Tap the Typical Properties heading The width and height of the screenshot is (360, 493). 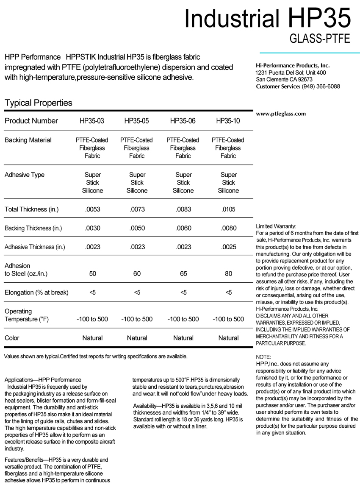pyautogui.click(x=38, y=103)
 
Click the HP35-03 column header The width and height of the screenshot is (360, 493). pyautogui.click(x=92, y=121)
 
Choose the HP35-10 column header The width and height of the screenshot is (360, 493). pyautogui.click(x=228, y=121)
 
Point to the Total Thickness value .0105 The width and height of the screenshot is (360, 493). pyautogui.click(x=228, y=209)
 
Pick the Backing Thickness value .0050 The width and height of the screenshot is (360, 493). pyautogui.click(x=137, y=228)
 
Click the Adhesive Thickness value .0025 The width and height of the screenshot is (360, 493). pyautogui.click(x=228, y=247)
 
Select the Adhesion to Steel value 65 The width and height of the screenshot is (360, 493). pyautogui.click(x=183, y=274)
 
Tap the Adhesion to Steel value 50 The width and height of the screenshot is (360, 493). pyautogui.click(x=92, y=274)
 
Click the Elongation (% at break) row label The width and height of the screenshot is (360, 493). pyautogui.click(x=36, y=292)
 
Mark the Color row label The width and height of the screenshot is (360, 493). pyautogui.click(x=12, y=338)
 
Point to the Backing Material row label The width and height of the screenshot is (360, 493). pyautogui.click(x=28, y=140)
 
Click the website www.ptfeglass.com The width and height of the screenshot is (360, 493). pyautogui.click(x=281, y=114)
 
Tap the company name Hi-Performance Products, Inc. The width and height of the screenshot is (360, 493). pyautogui.click(x=293, y=66)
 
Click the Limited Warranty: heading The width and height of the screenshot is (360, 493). pyautogui.click(x=276, y=226)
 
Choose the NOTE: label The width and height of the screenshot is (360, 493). pyautogui.click(x=263, y=357)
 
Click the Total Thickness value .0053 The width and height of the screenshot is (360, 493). pyautogui.click(x=92, y=209)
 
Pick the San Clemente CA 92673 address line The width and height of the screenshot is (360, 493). pyautogui.click(x=284, y=80)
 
